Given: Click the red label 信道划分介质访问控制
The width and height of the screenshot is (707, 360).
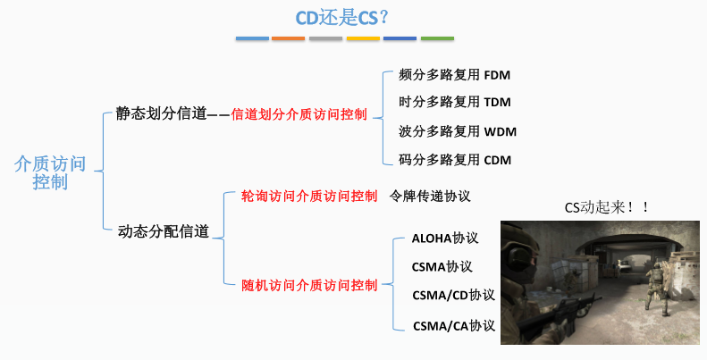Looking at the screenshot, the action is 299,114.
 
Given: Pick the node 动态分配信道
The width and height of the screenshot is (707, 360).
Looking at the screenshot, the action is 164,231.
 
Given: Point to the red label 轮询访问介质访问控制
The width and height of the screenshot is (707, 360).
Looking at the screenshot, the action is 309,196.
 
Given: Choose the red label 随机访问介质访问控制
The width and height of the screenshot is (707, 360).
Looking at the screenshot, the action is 309,285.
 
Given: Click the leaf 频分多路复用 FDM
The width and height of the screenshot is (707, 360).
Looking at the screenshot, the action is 454,75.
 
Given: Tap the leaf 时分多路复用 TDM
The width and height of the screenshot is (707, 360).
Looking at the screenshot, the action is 454,102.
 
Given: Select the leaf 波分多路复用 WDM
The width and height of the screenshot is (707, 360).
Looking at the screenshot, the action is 457,131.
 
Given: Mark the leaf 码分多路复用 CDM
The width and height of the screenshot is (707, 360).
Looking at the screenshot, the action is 454,160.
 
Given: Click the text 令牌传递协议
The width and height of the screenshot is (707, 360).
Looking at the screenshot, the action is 430,196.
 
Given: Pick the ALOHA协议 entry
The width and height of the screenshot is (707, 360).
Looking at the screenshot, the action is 446,239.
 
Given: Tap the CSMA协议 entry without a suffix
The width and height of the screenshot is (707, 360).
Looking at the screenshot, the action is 442,266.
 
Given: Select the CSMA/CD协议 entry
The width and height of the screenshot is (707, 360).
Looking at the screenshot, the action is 453,295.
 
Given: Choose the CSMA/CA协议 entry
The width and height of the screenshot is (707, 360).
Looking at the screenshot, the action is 453,325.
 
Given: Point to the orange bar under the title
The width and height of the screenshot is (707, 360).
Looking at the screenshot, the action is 288,39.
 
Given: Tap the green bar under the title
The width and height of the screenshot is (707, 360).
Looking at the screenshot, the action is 437,39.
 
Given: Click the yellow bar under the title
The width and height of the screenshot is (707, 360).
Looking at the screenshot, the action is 363,39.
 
